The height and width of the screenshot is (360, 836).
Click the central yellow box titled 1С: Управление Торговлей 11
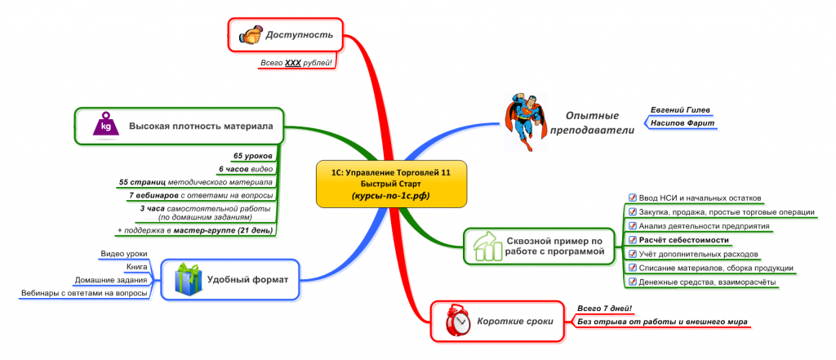pos(390,184)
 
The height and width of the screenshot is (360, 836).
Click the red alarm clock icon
pos(459,321)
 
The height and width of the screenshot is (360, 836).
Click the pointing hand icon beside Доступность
pos(249,35)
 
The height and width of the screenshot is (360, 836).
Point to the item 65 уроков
pos(252,155)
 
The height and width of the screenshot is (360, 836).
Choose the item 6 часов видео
pos(245,169)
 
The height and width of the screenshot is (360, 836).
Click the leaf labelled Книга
pos(136,267)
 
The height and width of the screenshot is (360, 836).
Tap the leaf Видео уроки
pos(123,254)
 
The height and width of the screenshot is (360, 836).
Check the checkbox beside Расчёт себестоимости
pos(632,239)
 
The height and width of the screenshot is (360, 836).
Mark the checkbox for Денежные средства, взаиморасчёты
pos(632,282)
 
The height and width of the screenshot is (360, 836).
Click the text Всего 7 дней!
pos(604,308)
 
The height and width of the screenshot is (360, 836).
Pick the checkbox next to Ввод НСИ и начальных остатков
pos(632,197)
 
